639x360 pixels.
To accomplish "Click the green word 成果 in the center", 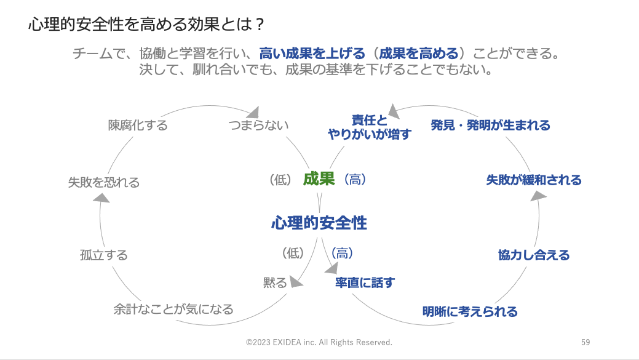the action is pos(319,179).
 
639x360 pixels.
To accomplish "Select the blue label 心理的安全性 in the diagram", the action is pos(319,223).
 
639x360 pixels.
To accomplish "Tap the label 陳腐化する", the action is pos(138,125).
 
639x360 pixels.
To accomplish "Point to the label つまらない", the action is pos(258,125).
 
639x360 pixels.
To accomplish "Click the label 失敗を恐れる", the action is pos(104,182).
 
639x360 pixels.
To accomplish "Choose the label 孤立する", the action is pos(104,255).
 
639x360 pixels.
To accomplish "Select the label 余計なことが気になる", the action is pos(173,309).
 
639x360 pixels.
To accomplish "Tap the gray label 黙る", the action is pos(275,282).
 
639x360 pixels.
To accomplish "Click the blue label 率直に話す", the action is pos(365,282).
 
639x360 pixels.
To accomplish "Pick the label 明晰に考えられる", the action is pos(470,312).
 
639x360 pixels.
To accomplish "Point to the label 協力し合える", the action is pos(534,255).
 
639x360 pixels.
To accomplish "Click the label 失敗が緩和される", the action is pos(534,180).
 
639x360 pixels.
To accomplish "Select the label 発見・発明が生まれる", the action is pos(490,125).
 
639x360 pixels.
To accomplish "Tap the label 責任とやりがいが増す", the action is pos(370,127).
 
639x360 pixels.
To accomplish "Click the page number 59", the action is pos(585,343).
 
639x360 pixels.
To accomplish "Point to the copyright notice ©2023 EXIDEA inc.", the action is pos(281,343).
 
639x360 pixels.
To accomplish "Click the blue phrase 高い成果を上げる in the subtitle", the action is pos(312,54).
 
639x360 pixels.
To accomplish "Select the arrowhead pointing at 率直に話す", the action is pos(331,268).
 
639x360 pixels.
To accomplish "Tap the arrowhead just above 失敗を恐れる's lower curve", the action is pos(101,198).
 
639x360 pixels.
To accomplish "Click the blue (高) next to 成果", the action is pos(355,179).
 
